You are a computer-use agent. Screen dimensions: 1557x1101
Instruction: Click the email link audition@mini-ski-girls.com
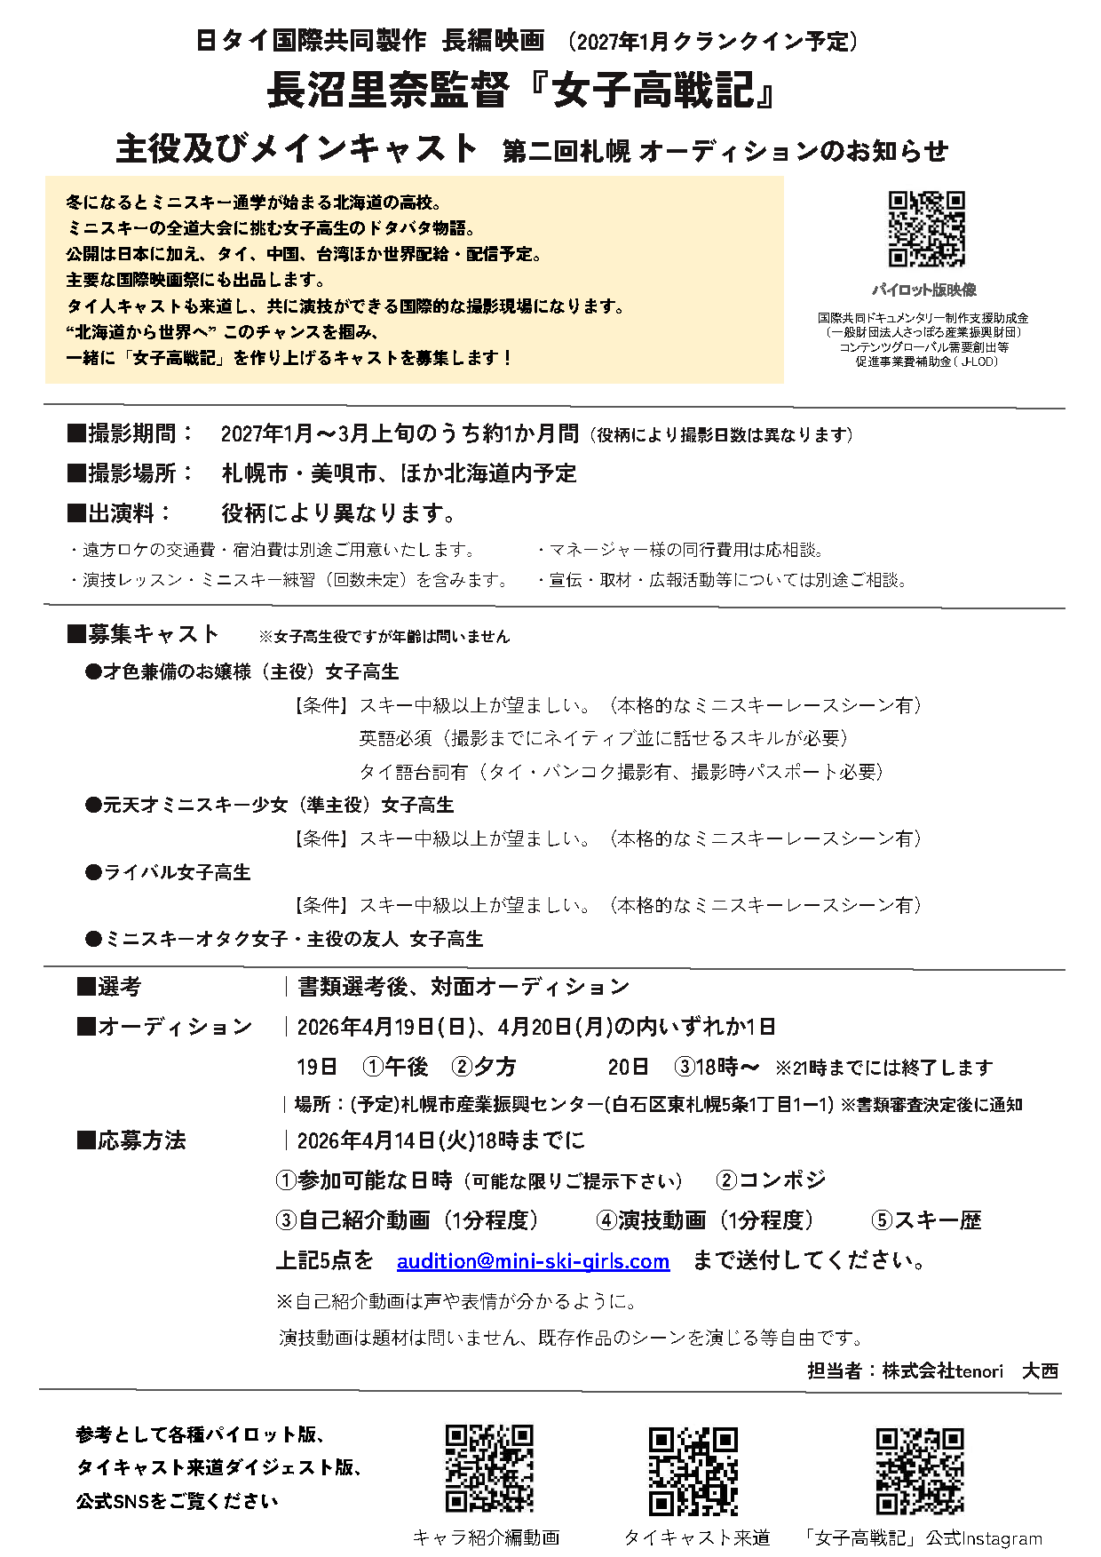[533, 1261]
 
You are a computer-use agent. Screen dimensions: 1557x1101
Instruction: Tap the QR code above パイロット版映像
[926, 228]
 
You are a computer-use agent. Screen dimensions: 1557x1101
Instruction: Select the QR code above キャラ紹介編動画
[488, 1468]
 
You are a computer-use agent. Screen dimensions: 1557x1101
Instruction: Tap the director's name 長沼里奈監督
[388, 90]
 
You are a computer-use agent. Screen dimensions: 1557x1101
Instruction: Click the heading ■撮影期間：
[131, 433]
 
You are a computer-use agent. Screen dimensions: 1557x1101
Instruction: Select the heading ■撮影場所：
[131, 473]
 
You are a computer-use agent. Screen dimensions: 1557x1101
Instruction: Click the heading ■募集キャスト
[143, 634]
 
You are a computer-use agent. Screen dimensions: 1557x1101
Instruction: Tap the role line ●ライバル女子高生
[168, 872]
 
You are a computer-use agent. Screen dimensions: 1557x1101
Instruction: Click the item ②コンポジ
[771, 1180]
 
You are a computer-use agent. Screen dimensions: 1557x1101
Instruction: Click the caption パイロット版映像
[923, 290]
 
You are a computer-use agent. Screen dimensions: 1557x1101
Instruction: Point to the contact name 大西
[1040, 1370]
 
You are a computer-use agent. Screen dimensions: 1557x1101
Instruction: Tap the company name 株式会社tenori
[942, 1370]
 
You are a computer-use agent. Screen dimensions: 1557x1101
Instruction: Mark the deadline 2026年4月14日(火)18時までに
[440, 1140]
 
